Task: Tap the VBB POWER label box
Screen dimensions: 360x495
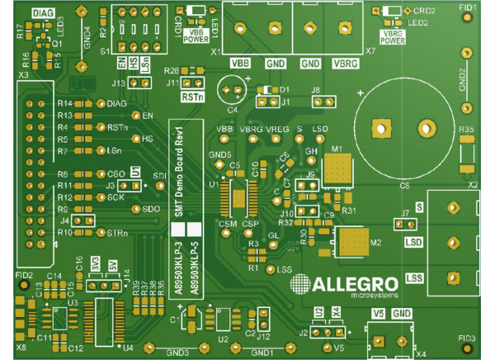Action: (x=196, y=36)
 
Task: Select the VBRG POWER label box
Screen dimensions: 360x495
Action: (x=393, y=36)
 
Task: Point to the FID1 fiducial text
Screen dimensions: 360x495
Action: (x=468, y=7)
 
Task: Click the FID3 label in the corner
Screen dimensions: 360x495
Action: (x=467, y=339)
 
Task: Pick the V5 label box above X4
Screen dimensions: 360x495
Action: (x=379, y=313)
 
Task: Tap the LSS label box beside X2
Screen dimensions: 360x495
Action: (x=414, y=277)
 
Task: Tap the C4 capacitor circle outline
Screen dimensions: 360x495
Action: (x=231, y=89)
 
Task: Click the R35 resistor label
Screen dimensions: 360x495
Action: (x=466, y=130)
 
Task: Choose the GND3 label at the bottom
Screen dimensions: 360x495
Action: (x=178, y=353)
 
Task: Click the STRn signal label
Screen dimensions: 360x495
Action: (x=117, y=234)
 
